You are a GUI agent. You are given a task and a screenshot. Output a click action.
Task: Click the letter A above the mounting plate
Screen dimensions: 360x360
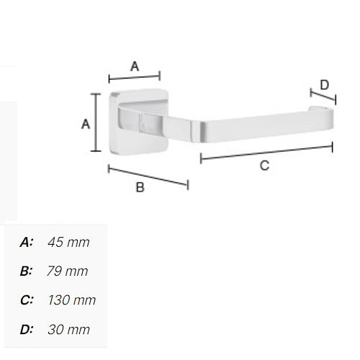coord(135,66)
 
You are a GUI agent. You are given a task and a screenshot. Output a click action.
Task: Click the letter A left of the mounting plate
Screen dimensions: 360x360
coord(86,124)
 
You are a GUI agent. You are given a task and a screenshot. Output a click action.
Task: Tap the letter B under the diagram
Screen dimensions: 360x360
coord(140,187)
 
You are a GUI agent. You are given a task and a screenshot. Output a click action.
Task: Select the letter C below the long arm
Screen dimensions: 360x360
coord(264,166)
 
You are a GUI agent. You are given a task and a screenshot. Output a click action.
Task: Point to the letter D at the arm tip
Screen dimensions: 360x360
coord(325,85)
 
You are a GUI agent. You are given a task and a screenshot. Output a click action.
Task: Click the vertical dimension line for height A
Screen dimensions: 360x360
coord(96,122)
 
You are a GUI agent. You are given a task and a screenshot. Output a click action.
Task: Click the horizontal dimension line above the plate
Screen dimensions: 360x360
coord(135,77)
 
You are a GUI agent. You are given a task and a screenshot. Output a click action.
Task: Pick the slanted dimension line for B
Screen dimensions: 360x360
coord(148,177)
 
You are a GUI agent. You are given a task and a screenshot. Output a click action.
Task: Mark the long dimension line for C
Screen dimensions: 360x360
coord(266,152)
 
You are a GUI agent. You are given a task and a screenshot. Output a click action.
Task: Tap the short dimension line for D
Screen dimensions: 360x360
coord(323,96)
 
